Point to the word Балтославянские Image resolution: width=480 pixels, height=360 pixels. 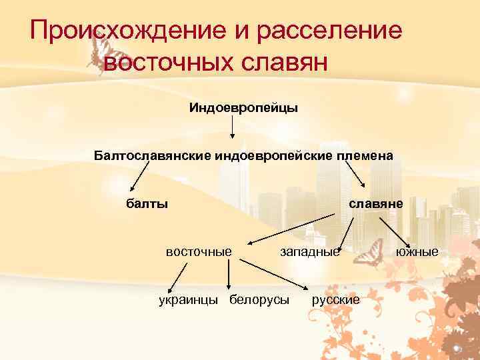click(152, 155)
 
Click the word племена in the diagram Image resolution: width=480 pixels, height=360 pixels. click(364, 155)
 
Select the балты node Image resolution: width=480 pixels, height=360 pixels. click(147, 203)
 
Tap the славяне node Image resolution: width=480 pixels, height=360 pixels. click(376, 203)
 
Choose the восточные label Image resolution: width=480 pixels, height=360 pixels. click(199, 251)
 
